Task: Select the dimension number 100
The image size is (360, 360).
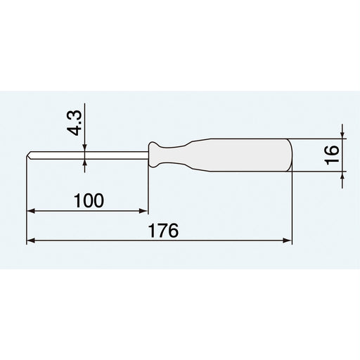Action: (88, 200)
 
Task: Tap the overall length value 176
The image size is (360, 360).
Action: (166, 231)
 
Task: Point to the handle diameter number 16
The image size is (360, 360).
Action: (333, 152)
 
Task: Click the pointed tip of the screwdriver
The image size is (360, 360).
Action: (28, 154)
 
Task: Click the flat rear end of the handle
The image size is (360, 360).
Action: (290, 154)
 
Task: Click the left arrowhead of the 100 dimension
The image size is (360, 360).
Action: (31, 210)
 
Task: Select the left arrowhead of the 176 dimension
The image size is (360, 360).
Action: (31, 240)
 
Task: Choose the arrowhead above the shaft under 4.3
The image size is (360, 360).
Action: (84, 147)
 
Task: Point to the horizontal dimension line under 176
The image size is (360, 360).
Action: (211, 240)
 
